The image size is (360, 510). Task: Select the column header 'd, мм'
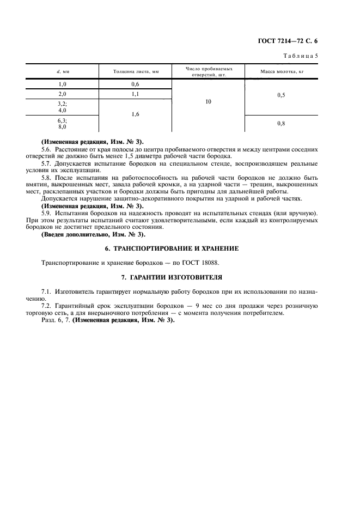63,71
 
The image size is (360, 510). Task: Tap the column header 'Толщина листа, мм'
136,71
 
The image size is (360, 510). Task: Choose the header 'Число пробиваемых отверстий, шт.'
209,71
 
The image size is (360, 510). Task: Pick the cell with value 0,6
136,84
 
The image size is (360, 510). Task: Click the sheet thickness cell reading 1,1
136,94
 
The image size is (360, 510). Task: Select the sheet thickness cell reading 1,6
136,115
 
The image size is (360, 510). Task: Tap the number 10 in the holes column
209,102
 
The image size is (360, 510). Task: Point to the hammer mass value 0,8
281,124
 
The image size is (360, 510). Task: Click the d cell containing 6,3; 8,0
62,124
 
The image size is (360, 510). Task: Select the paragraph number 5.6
47,149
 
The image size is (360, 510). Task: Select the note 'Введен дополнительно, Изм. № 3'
94,234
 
